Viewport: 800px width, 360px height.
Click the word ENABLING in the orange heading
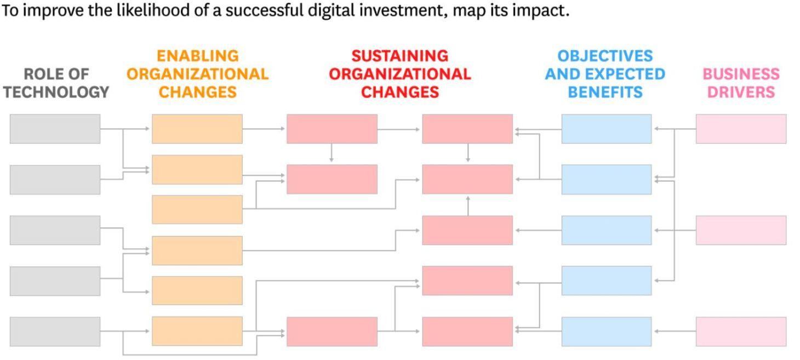(x=198, y=56)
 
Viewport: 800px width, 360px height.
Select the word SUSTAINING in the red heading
(x=399, y=56)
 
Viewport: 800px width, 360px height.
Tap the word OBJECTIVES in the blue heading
(x=605, y=56)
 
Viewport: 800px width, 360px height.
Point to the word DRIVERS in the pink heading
(x=741, y=92)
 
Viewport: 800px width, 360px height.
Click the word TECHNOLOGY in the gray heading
(x=56, y=92)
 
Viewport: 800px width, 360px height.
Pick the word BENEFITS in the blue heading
(x=605, y=92)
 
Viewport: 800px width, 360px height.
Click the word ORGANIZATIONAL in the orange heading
(x=197, y=74)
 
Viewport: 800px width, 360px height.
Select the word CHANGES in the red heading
(x=400, y=92)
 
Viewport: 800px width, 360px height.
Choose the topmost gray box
(x=55, y=129)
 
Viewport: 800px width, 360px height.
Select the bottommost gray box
(x=55, y=332)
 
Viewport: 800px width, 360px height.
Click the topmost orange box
(x=197, y=129)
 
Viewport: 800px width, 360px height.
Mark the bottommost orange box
(x=197, y=331)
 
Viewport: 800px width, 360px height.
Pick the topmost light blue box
(x=607, y=129)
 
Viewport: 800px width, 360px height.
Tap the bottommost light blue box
(x=607, y=332)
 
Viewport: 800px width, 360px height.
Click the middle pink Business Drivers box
(x=741, y=230)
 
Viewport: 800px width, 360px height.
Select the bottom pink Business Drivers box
(x=741, y=332)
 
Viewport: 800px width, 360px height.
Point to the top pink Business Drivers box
(x=741, y=129)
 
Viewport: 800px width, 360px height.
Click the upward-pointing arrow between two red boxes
(x=468, y=205)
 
